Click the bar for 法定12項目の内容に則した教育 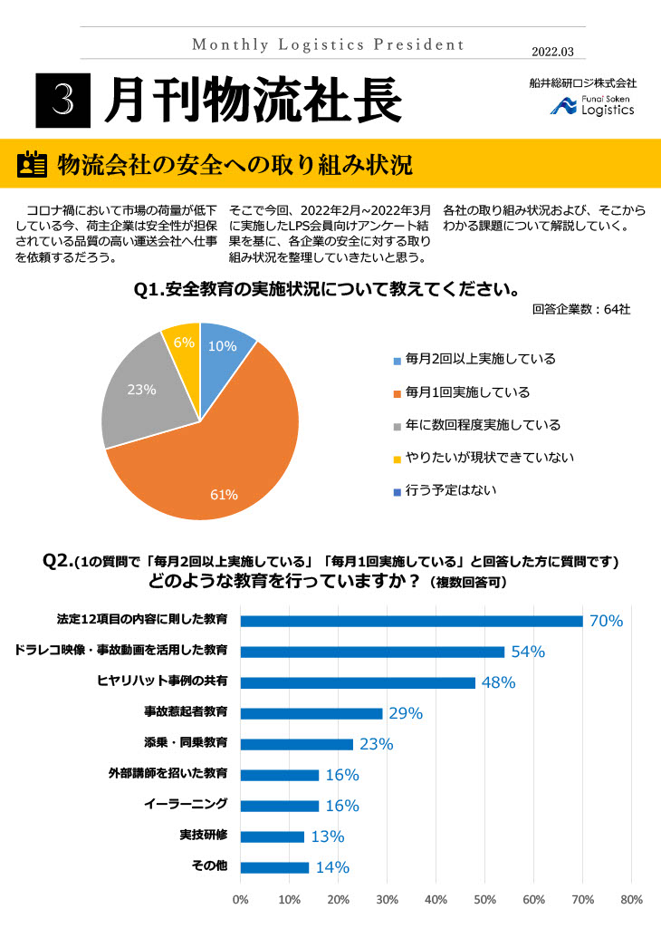click(x=412, y=621)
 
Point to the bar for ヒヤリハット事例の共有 click(x=358, y=682)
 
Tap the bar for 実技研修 click(x=273, y=836)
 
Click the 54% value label click(x=527, y=652)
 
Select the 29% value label click(x=406, y=713)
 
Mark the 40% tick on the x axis click(x=436, y=900)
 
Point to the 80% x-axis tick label click(x=631, y=900)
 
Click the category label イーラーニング click(x=186, y=805)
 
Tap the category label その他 click(x=209, y=866)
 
